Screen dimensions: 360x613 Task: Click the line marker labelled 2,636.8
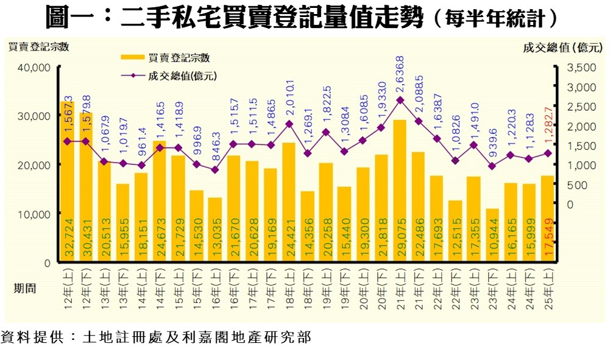(x=400, y=100)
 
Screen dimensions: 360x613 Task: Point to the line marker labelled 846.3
(x=215, y=170)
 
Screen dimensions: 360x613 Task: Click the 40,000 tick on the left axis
(x=35, y=67)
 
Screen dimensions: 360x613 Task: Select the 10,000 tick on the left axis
(x=35, y=214)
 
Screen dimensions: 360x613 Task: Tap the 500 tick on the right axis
(x=578, y=185)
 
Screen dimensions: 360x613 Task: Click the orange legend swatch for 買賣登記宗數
(x=132, y=58)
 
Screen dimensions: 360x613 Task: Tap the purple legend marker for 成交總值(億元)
(x=132, y=76)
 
